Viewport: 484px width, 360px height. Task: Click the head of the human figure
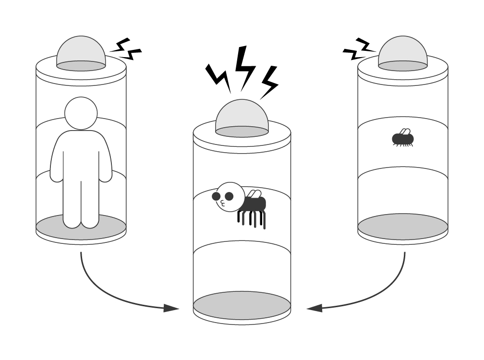pyautogui.click(x=81, y=113)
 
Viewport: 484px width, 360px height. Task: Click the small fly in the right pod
pyautogui.click(x=403, y=139)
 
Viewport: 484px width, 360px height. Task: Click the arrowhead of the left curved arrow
pyautogui.click(x=170, y=308)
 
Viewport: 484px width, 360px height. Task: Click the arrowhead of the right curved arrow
pyautogui.click(x=314, y=308)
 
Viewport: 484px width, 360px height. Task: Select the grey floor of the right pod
pyautogui.click(x=402, y=227)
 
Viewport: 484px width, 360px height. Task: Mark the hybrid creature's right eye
pyautogui.click(x=229, y=196)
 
